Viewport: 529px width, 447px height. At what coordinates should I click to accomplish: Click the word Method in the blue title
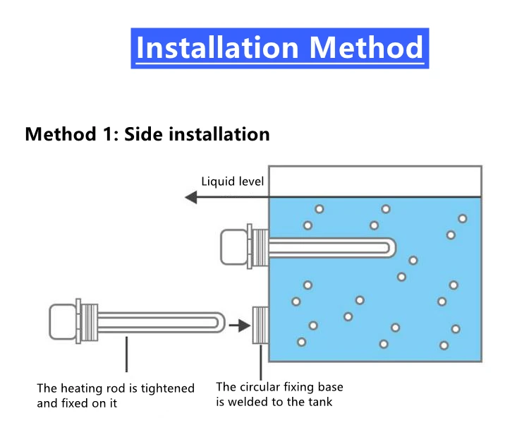click(366, 47)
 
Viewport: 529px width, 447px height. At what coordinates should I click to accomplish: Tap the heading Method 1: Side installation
click(147, 133)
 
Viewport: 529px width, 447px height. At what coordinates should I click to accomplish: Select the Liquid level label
click(232, 181)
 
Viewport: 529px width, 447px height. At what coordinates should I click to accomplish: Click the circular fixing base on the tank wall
click(260, 326)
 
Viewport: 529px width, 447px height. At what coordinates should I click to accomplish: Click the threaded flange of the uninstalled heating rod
click(88, 321)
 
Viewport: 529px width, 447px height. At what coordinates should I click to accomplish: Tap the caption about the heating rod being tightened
click(116, 395)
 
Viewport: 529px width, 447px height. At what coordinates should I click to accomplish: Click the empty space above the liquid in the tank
click(375, 181)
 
